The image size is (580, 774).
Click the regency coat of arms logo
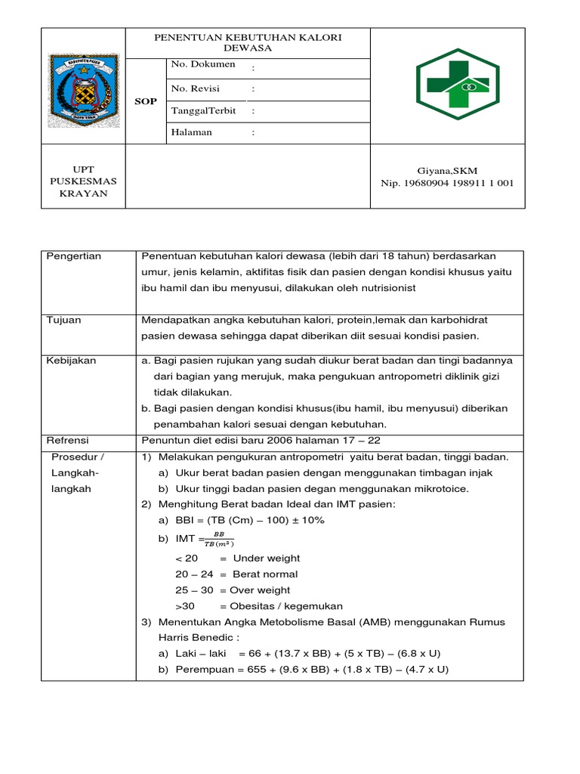point(83,91)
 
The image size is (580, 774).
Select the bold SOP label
point(145,101)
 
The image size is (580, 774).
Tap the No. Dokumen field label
point(203,64)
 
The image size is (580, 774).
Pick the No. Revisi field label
point(195,88)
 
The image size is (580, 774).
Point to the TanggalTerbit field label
point(204,110)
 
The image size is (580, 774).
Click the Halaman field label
point(192,132)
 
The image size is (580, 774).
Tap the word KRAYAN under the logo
point(83,193)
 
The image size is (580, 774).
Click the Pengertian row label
point(74,256)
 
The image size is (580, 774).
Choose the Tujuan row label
point(64,320)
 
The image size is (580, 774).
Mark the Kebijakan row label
point(72,361)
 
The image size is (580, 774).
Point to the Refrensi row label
point(68,440)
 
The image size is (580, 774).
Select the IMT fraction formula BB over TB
point(218,538)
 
